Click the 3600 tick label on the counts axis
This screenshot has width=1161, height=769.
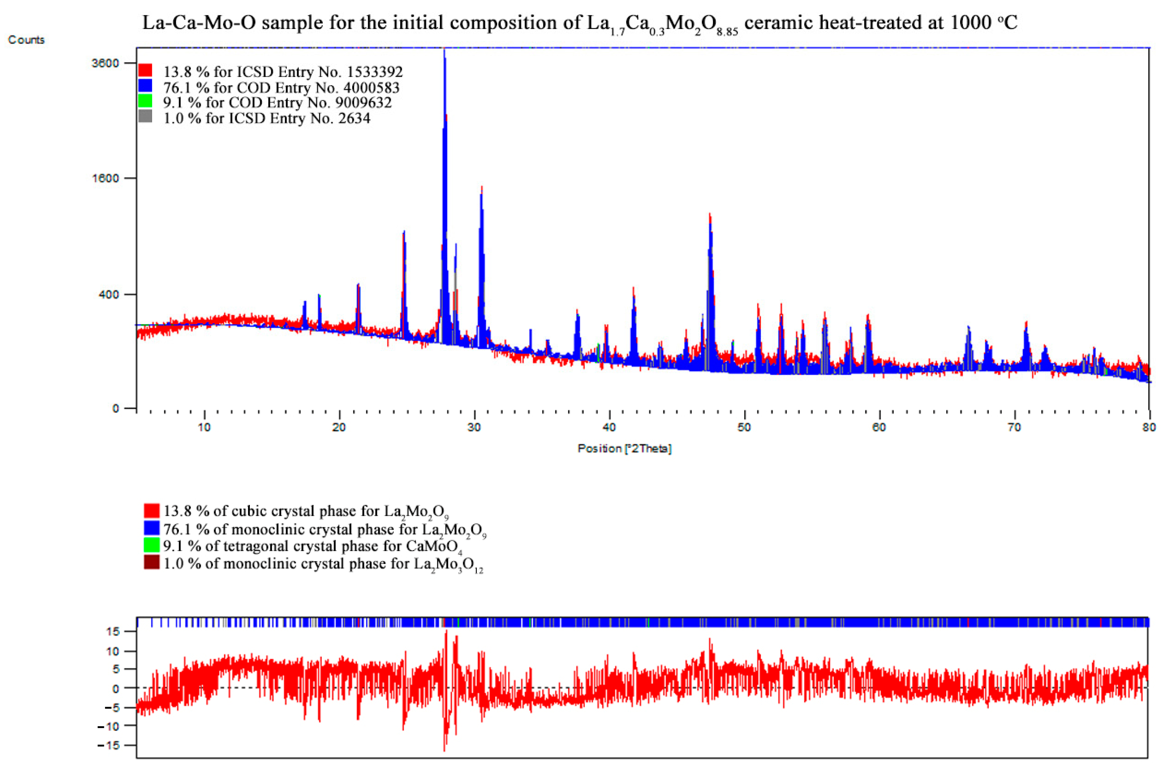tap(106, 63)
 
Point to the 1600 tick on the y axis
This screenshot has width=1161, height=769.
tap(106, 178)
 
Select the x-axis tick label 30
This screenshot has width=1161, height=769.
tap(474, 428)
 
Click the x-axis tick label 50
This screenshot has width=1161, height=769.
tap(744, 428)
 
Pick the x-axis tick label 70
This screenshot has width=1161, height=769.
tap(1014, 428)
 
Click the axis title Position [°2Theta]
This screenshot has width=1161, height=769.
tap(624, 448)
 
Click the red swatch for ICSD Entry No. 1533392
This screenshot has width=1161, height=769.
tap(145, 70)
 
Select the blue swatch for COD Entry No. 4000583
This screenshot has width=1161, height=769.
tap(145, 86)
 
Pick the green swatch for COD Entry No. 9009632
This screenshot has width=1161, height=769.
tap(145, 101)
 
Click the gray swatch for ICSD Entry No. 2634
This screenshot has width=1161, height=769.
tap(145, 117)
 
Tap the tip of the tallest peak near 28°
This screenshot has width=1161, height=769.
tap(445, 51)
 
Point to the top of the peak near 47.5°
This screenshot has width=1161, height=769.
tap(709, 215)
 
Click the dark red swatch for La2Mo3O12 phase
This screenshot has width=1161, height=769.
tap(152, 562)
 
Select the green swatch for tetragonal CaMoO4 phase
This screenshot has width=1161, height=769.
tap(152, 545)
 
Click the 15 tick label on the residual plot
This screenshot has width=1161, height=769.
tap(113, 632)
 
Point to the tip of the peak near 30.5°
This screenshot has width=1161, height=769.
tap(482, 187)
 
